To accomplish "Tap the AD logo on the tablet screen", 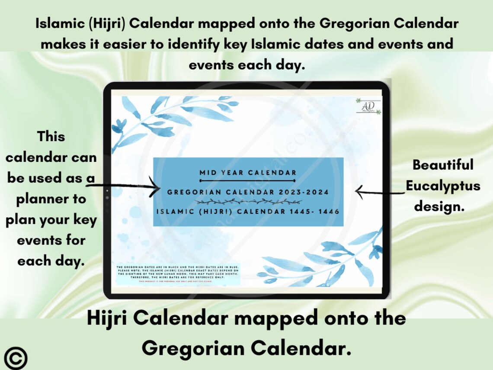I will coord(368,106).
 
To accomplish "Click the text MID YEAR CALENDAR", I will coord(248,173).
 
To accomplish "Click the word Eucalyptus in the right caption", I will coord(443,186).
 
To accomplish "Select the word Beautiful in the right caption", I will coord(443,165).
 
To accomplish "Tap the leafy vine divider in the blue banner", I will coord(248,202).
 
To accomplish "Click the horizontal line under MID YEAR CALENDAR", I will coord(248,180).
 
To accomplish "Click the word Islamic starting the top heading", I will coord(60,23).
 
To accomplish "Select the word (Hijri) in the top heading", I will coord(106,23).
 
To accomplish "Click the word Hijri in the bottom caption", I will coord(108,319).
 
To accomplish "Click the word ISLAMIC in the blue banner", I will coord(173,212).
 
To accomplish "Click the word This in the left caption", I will coord(51,136).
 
